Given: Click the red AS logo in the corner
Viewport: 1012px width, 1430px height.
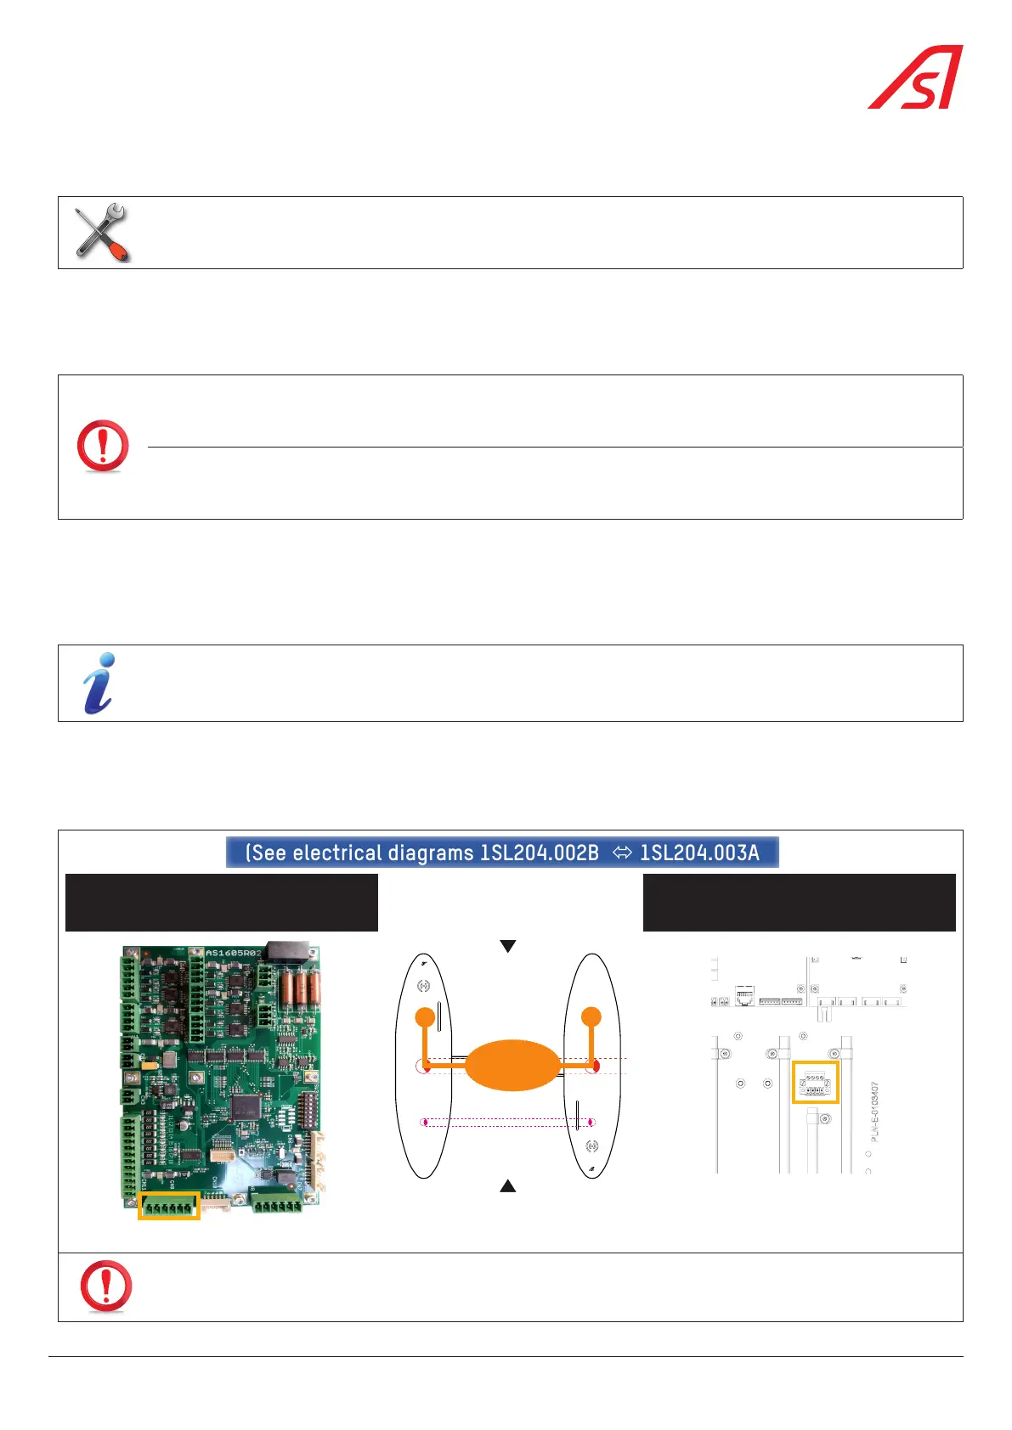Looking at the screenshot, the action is (916, 77).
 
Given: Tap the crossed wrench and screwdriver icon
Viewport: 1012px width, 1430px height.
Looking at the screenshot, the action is (101, 232).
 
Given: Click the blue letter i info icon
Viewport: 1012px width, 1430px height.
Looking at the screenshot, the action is (99, 683).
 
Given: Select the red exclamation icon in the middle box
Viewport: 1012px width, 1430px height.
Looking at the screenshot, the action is (103, 446).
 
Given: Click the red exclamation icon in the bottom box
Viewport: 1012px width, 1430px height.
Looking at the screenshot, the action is (106, 1286).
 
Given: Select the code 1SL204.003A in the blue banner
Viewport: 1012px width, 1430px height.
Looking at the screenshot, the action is (699, 853).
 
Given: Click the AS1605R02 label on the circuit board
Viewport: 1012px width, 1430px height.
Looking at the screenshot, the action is (234, 954).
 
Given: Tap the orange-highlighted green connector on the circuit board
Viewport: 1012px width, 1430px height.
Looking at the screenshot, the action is (168, 1206).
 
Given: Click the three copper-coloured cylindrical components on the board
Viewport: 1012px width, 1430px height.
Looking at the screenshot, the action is (301, 988).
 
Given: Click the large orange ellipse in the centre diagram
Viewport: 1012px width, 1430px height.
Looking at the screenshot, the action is (512, 1065).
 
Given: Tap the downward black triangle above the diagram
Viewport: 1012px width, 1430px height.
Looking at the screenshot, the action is (508, 946).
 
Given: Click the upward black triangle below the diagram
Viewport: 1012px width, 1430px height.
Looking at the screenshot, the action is (508, 1186).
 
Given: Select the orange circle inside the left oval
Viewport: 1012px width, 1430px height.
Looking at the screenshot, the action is (425, 1016).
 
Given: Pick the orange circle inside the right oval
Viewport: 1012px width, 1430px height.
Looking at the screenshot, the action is (591, 1016).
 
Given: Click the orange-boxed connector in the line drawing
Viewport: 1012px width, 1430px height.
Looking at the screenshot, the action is (815, 1082).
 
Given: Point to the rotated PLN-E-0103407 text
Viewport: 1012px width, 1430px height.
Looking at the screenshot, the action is (875, 1112).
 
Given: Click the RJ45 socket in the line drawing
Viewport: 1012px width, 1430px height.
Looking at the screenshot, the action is (744, 996).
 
